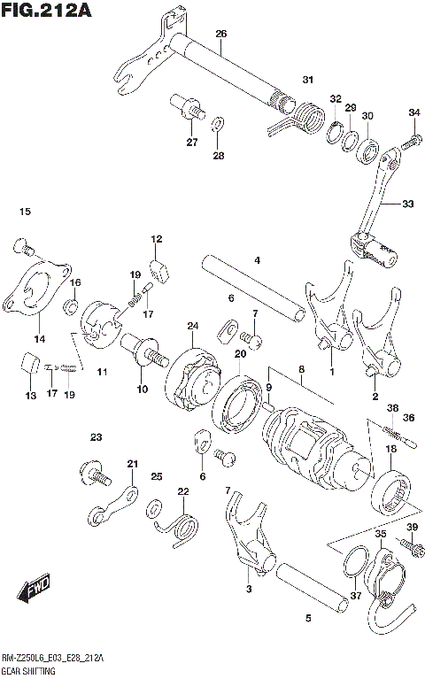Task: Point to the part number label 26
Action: point(220,34)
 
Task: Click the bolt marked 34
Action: point(410,139)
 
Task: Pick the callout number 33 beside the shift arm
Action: point(406,204)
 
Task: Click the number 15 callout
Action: point(24,212)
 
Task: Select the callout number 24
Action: point(192,327)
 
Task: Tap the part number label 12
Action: point(156,239)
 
